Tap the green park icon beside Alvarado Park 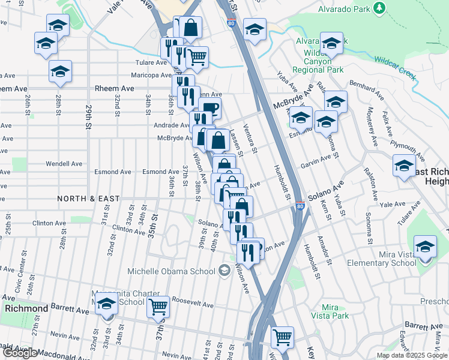tap(379, 8)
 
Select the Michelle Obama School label tap(171, 271)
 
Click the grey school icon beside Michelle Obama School tap(224, 271)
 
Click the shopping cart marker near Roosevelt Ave tap(158, 307)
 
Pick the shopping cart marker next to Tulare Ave tap(197, 58)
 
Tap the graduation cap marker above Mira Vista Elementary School tap(425, 247)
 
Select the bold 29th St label tap(88, 118)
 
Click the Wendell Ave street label tap(64, 163)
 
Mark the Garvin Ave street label tap(316, 159)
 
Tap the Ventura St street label tap(250, 139)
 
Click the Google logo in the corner tap(20, 353)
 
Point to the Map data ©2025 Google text tap(412, 355)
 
